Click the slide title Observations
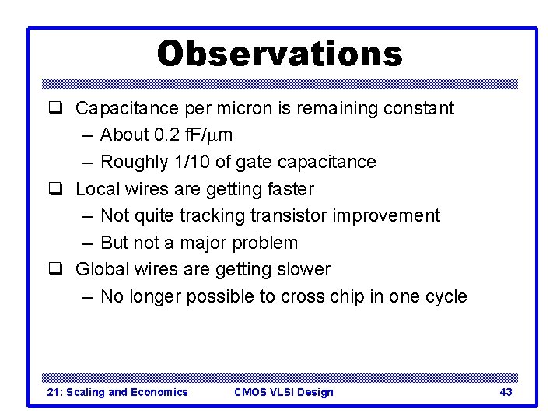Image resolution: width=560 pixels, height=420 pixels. pyautogui.click(x=280, y=54)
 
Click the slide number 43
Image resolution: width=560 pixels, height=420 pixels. pyautogui.click(x=506, y=392)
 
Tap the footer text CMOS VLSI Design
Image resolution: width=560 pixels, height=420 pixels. pyautogui.click(x=283, y=392)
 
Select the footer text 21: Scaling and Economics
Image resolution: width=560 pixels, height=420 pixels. pyautogui.click(x=117, y=392)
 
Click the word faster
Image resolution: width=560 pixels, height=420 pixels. pyautogui.click(x=289, y=189)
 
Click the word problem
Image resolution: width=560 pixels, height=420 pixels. pyautogui.click(x=264, y=243)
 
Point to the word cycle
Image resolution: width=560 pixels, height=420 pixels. pyautogui.click(x=444, y=297)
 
